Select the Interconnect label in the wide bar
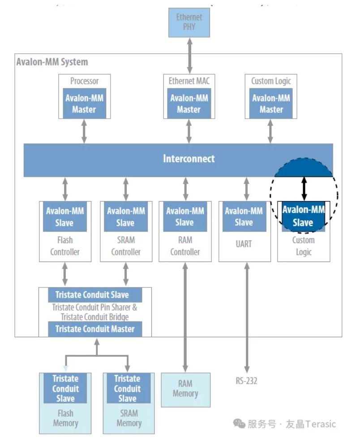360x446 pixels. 189,159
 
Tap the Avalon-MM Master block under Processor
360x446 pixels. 84,104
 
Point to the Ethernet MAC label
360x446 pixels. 189,81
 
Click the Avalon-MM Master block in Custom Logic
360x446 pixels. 271,104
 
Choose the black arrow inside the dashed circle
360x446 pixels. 304,188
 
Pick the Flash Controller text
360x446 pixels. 65,246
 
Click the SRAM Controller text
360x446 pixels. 126,246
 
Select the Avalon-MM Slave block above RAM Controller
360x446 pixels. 184,217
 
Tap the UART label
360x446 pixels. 244,244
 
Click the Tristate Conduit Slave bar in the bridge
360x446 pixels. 95,295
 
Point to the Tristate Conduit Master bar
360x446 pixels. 95,329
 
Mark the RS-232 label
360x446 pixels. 247,381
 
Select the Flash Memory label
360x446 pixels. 65,418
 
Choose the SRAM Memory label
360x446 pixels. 129,418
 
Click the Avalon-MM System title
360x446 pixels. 52,62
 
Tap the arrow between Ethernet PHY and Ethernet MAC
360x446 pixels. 189,56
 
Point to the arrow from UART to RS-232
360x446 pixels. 246,313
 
